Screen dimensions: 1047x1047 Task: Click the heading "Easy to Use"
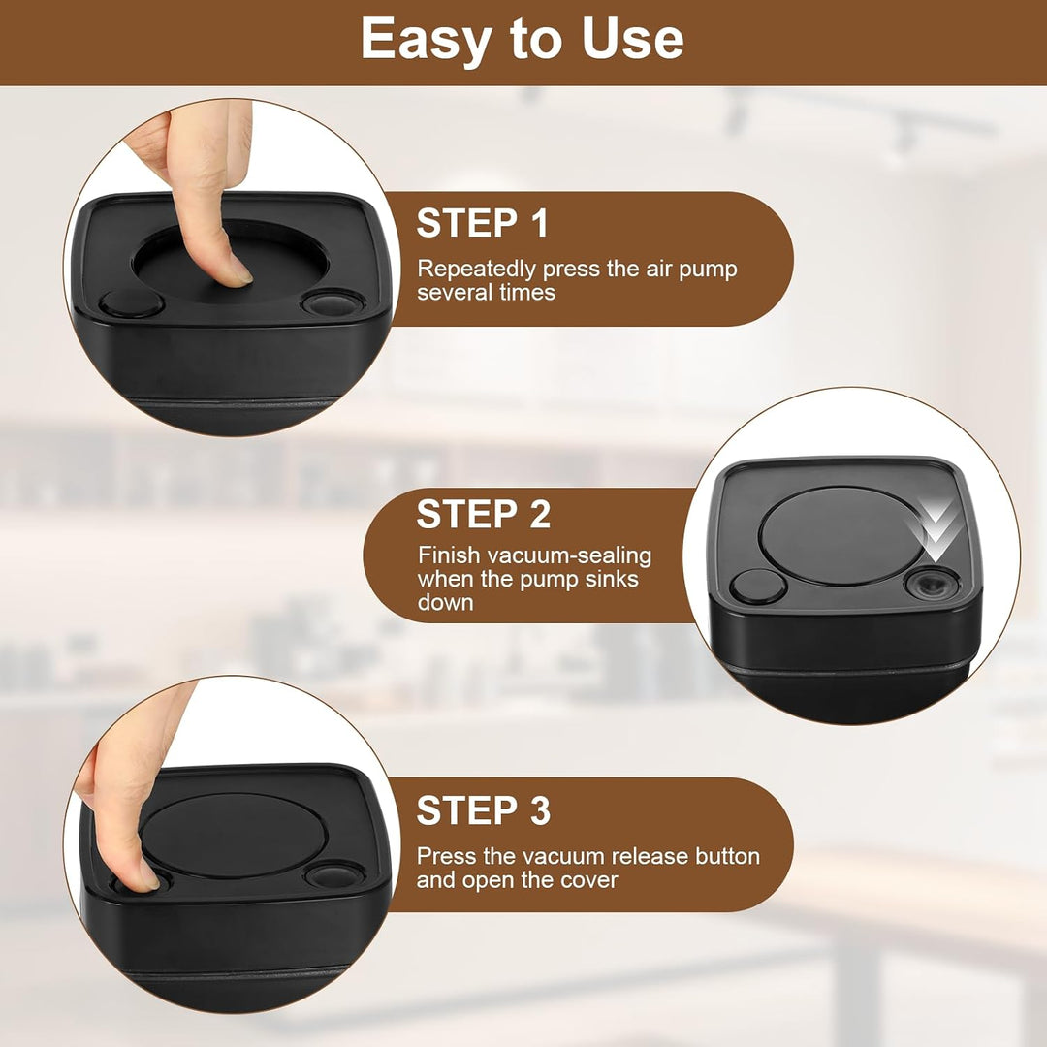pos(523,40)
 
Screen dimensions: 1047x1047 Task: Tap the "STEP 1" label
pos(482,223)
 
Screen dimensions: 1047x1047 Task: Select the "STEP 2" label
pos(484,514)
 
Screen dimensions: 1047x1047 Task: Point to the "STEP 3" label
pos(484,809)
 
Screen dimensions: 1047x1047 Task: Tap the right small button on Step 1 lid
pos(333,302)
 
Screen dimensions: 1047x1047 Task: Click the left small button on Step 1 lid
pos(131,304)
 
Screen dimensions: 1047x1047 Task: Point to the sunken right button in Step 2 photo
pos(933,585)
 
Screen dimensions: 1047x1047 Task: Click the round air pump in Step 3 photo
pos(234,836)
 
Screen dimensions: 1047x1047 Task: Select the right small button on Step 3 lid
pos(334,874)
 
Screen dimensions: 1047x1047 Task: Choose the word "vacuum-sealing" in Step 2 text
pos(569,555)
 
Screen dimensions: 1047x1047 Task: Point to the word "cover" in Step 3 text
pos(589,880)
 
